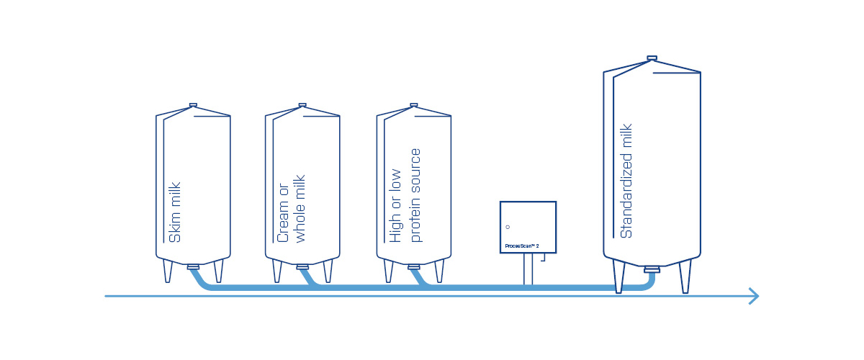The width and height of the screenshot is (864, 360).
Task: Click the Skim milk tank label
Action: pos(175,212)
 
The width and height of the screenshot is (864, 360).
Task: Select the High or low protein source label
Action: pos(405,195)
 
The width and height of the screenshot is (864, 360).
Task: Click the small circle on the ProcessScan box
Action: pos(508,227)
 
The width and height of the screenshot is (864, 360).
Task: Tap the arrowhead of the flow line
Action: pos(754,296)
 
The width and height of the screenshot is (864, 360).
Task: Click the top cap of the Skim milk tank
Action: pos(193,105)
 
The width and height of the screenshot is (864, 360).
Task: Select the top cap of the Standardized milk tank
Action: pos(652,58)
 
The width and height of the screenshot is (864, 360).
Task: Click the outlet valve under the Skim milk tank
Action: pos(193,267)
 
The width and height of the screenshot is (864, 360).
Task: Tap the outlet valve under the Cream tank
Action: pos(302,267)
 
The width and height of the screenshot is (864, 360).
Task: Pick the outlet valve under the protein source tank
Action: pos(414,267)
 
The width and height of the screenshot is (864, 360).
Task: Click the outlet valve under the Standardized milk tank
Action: pos(652,271)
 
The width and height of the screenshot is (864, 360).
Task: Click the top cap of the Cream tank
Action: pos(302,105)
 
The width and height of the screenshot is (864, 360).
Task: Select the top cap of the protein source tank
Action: pos(414,105)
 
